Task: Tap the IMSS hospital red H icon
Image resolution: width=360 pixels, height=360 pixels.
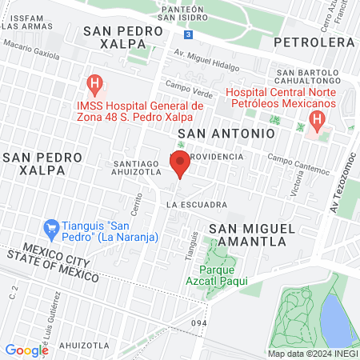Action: click(95, 82)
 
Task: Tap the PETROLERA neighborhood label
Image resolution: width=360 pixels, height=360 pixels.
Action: click(313, 42)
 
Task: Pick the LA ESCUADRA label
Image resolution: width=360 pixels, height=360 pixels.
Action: click(197, 205)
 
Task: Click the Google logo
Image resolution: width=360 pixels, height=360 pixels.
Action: click(26, 350)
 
